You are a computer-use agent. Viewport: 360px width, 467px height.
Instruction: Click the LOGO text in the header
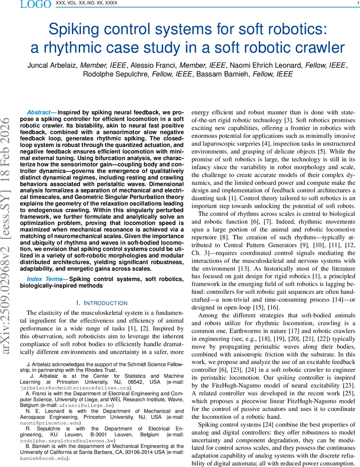pyautogui.click(x=35, y=4)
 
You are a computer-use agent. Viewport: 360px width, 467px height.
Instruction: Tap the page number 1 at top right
pyautogui.click(x=357, y=4)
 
